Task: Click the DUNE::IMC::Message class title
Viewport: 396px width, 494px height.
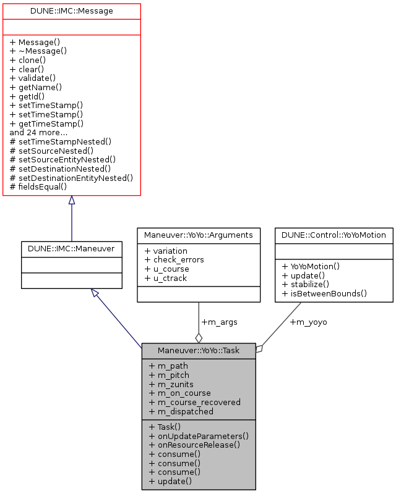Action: coord(71,11)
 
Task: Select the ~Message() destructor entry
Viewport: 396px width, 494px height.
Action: coord(42,51)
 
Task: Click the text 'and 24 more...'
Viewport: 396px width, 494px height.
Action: coord(38,132)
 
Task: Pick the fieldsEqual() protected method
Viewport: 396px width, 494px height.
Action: coord(38,186)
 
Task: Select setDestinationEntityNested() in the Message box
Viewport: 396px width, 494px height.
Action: coord(71,177)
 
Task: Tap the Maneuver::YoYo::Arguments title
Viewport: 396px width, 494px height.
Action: coord(198,235)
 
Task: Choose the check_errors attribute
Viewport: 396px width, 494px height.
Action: coord(174,259)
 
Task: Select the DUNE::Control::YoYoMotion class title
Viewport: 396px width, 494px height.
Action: coord(334,235)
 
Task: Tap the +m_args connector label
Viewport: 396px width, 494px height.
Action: coord(218,322)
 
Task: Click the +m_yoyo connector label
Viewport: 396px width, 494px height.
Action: coord(309,322)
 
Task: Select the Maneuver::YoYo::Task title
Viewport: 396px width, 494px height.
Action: coord(198,351)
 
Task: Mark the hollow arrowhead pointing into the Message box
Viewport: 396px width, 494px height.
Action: coord(71,201)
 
